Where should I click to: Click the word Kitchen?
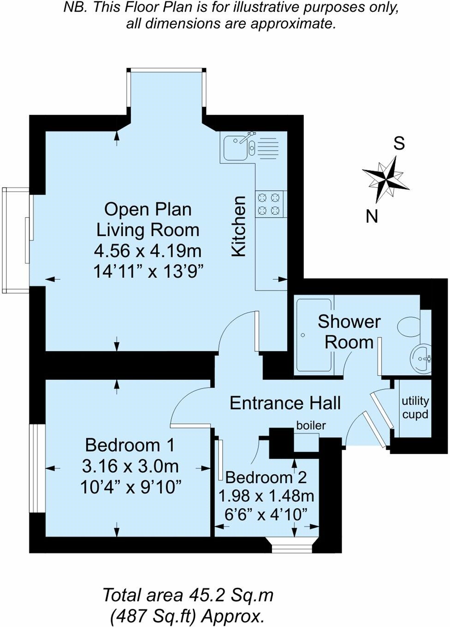point(239,226)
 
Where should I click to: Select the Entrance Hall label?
point(285,403)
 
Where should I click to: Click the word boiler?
point(311,426)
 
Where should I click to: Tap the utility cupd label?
point(415,408)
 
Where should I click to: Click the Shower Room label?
point(349,332)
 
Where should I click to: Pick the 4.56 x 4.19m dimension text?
point(148,250)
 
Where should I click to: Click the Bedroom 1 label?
point(130,445)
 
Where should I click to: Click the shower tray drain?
point(302,335)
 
